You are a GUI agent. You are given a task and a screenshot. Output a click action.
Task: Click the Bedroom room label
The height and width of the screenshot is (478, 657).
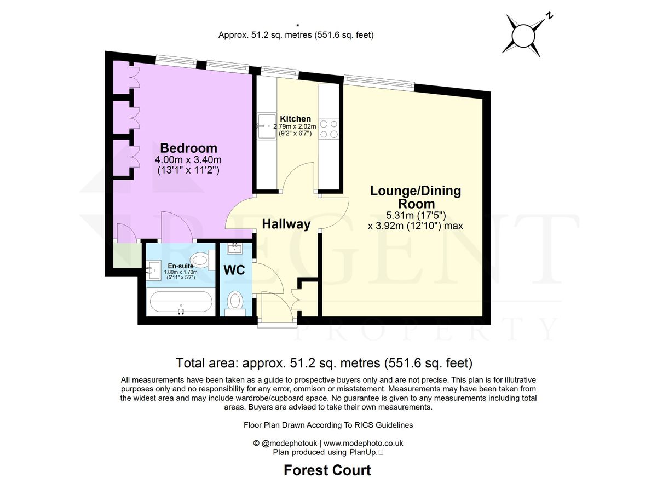click(x=188, y=148)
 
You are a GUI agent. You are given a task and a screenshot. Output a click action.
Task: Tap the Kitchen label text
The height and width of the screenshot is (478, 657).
click(x=295, y=119)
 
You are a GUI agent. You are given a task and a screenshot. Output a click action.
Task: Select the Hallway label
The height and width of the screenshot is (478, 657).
click(x=286, y=224)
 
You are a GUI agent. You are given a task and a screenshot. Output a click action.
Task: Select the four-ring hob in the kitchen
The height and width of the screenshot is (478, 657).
click(x=330, y=129)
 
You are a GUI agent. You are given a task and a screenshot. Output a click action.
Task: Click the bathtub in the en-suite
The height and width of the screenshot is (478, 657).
click(x=180, y=302)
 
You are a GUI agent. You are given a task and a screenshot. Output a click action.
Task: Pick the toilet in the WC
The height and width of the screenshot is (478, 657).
click(x=236, y=301)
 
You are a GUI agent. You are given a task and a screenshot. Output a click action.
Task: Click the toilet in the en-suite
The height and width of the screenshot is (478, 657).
click(x=200, y=259)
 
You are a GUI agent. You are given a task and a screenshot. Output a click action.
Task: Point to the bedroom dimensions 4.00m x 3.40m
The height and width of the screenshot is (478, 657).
click(x=188, y=160)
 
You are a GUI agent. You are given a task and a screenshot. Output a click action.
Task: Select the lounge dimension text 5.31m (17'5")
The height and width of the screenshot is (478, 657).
click(x=415, y=215)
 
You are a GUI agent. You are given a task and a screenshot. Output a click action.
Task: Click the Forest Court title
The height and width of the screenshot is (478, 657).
click(x=327, y=470)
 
